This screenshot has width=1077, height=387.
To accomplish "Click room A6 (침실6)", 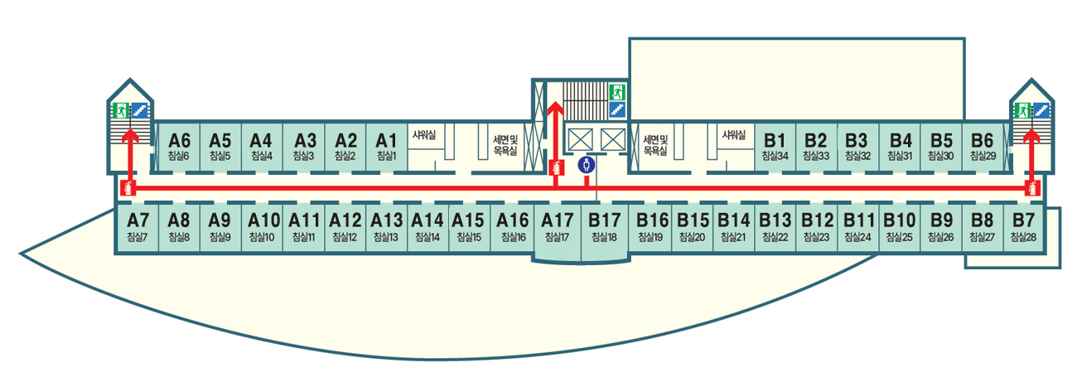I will coord(179,147).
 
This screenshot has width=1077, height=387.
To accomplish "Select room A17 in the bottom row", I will coord(557,228).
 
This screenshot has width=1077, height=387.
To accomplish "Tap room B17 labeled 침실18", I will coord(604,228).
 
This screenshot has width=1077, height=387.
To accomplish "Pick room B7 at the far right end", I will coord(1024,228).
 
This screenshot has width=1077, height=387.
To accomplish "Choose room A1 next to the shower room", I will coord(387,147).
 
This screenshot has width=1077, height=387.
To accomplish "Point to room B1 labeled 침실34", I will coord(775,147).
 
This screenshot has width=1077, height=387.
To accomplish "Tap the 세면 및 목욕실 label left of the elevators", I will coord(505,144).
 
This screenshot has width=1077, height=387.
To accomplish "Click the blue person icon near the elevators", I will coord(587,165).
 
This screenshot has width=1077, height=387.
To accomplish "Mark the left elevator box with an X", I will coord(578,139).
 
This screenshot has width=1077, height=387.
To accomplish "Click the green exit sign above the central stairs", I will coord(616,90).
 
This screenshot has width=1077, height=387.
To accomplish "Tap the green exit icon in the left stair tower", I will coord(121,110).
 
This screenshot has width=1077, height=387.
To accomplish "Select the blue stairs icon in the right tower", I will coord(1041,110).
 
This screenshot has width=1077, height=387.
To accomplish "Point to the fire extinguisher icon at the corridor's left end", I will coord(128,187).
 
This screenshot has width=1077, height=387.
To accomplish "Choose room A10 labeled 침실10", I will coord(264,228).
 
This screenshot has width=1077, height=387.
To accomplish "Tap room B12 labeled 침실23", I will coord(817,228).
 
